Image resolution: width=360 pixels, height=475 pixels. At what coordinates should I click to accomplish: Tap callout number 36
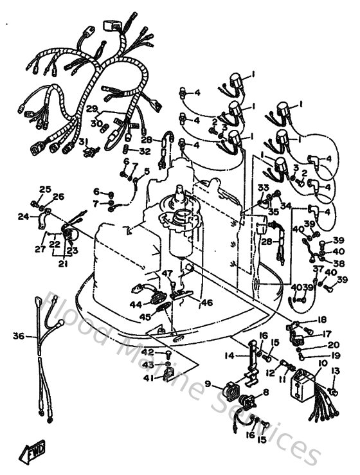click(x=18, y=336)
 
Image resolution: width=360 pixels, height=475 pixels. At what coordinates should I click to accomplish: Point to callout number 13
click(x=334, y=371)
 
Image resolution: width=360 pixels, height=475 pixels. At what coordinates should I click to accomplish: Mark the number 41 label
click(x=148, y=379)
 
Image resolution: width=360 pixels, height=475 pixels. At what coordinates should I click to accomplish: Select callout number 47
click(x=167, y=273)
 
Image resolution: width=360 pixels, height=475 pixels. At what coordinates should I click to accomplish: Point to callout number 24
click(x=24, y=217)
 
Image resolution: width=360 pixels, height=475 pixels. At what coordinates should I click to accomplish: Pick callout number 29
click(x=92, y=108)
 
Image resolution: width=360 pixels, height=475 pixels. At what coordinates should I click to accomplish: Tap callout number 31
click(x=82, y=142)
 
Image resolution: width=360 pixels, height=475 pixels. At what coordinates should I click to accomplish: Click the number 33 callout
click(x=263, y=187)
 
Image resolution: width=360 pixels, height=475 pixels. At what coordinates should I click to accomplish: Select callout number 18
click(x=321, y=319)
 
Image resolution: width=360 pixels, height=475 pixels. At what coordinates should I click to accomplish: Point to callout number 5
click(x=146, y=170)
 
